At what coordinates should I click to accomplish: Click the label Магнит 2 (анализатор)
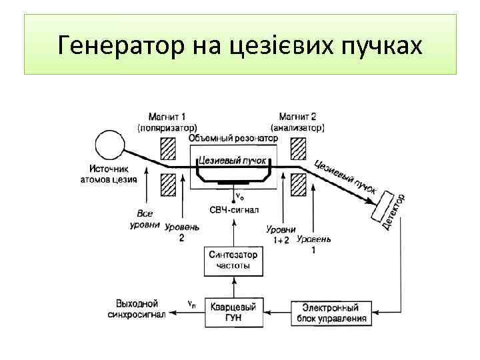click(298, 121)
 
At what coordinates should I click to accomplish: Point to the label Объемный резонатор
click(233, 138)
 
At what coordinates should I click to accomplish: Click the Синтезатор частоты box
click(233, 260)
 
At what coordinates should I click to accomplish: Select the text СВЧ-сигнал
click(233, 211)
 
